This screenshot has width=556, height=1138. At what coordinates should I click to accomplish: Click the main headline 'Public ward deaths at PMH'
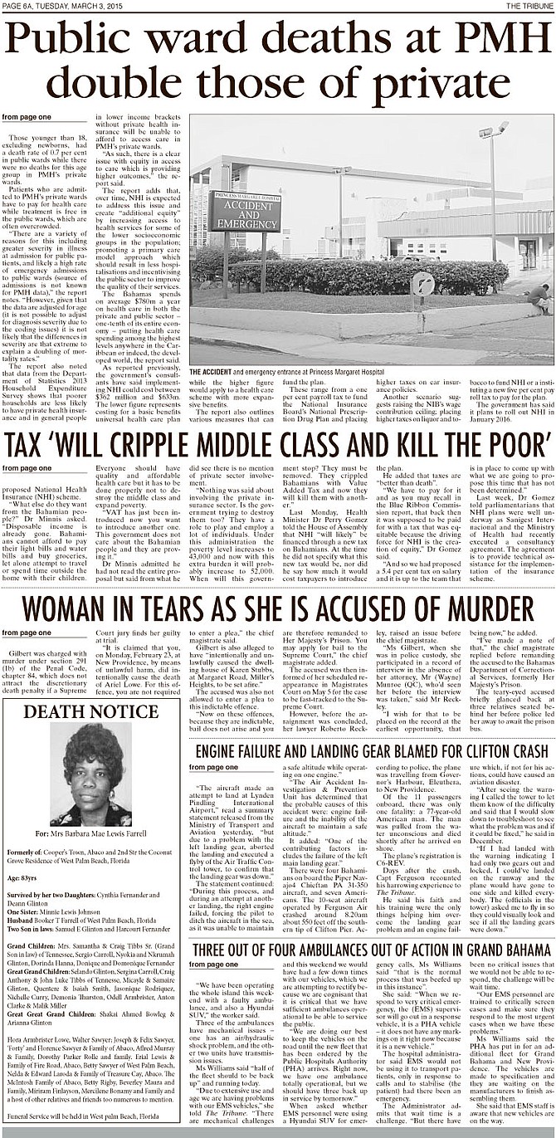tap(277, 41)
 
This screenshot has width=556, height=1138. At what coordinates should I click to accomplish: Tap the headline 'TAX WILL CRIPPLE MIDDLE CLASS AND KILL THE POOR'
tap(277, 446)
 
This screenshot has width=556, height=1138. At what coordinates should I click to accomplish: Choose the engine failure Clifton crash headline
tap(371, 752)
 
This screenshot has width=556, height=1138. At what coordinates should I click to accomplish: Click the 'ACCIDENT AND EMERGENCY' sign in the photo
tap(245, 212)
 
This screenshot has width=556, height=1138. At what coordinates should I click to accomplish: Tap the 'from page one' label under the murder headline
tap(27, 632)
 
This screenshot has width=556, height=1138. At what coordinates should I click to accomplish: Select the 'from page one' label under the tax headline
tap(27, 468)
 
